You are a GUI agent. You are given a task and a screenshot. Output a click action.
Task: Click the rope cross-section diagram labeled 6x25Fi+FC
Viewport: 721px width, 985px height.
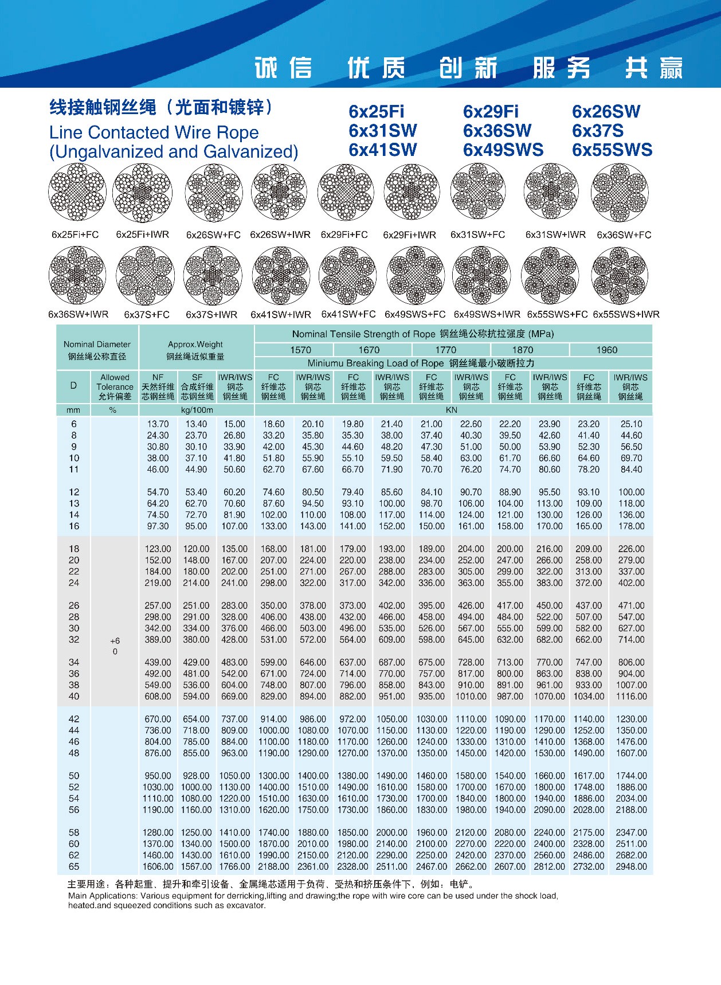click(77, 192)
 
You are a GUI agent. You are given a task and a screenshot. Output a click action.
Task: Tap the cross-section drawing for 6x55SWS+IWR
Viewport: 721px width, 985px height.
click(619, 276)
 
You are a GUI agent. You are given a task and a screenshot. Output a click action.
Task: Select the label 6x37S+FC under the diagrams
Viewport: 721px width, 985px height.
click(147, 315)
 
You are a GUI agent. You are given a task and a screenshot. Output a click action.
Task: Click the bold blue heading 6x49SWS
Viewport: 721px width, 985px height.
click(503, 150)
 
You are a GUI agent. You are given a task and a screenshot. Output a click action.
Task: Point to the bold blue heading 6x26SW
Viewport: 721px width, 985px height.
click(606, 111)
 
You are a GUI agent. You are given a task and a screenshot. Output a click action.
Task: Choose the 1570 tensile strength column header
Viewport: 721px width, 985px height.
click(300, 350)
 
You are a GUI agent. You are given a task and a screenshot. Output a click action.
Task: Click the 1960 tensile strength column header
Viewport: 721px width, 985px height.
click(606, 350)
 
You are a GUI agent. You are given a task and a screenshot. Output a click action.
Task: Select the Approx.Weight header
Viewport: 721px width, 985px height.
click(195, 345)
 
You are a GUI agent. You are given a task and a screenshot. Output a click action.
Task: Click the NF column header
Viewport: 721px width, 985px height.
click(158, 377)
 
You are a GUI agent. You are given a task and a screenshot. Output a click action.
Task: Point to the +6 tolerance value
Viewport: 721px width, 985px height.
click(115, 641)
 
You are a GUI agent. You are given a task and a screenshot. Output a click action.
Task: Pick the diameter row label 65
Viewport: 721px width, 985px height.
click(74, 866)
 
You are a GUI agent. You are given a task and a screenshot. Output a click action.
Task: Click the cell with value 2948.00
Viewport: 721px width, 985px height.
click(631, 866)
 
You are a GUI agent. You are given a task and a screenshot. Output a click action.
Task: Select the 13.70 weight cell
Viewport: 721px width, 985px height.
click(158, 424)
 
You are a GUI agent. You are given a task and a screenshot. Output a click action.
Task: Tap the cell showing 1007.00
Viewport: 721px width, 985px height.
click(631, 685)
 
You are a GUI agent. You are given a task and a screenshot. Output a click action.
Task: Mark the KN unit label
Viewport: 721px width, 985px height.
click(452, 410)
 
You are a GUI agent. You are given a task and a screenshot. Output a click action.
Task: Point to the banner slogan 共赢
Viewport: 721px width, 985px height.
click(653, 68)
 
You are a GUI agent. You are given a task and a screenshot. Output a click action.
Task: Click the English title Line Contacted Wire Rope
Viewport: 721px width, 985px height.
click(154, 132)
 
